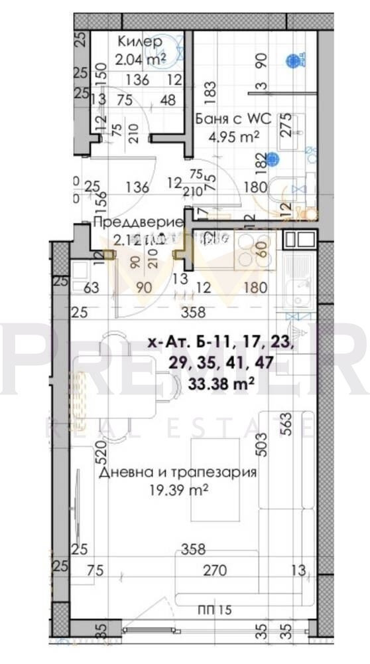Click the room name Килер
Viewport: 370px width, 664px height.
pos(139,42)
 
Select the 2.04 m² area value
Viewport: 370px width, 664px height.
pos(140,59)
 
